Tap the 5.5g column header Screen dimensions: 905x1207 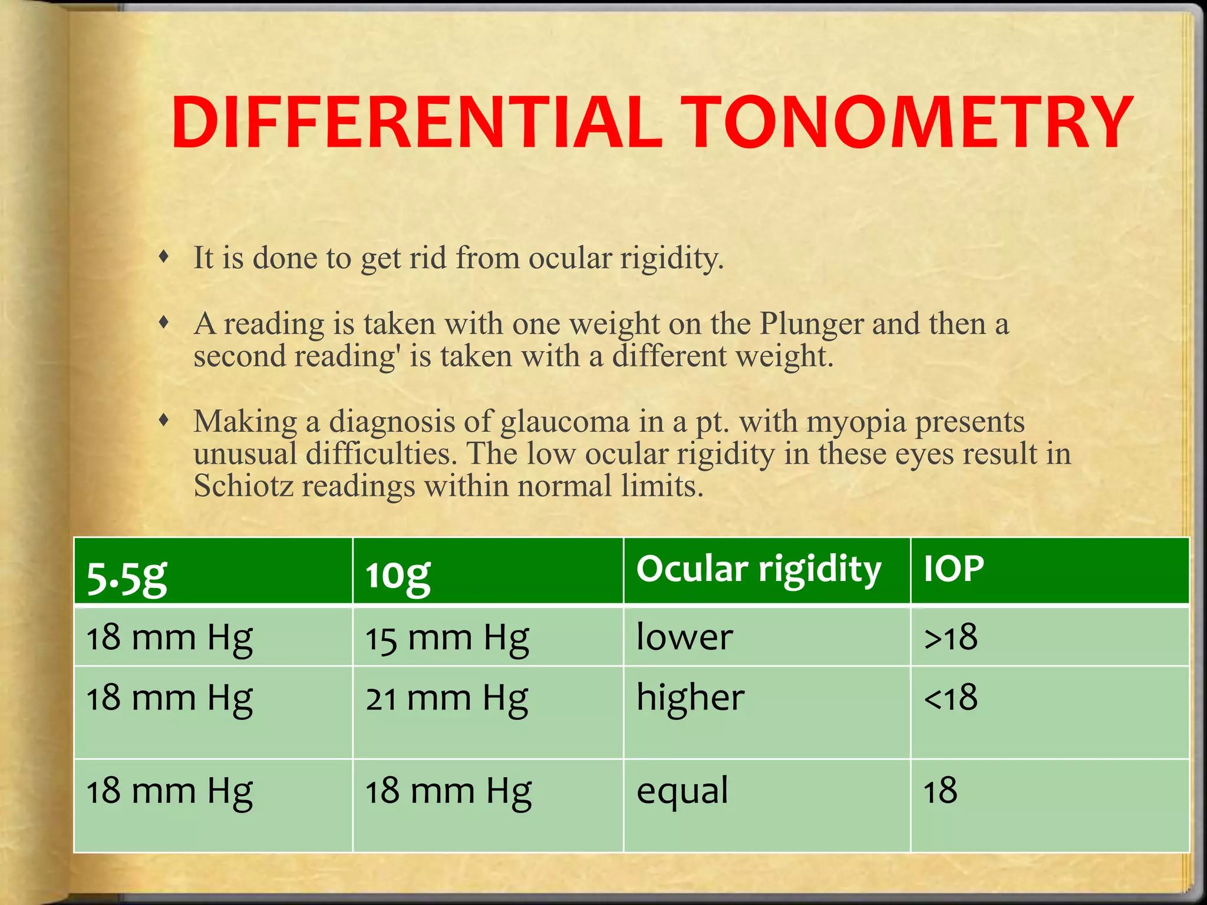(127, 576)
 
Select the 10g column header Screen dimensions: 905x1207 (398, 576)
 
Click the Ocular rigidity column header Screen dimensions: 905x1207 (759, 570)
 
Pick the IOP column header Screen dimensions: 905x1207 (953, 569)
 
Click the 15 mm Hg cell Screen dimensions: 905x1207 (447, 639)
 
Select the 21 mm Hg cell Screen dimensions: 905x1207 (447, 699)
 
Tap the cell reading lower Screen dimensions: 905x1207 (684, 638)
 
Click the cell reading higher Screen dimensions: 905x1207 (690, 698)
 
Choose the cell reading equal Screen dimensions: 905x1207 (682, 791)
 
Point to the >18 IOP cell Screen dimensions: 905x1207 (951, 638)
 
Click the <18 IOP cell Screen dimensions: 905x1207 (951, 698)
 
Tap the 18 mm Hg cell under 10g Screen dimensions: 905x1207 (448, 791)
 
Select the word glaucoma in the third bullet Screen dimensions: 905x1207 (565, 422)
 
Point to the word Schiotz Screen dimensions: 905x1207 (243, 487)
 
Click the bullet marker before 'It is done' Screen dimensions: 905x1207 (164, 257)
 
